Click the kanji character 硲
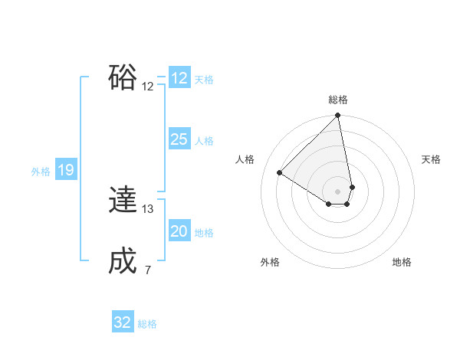(x=123, y=77)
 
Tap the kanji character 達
(x=123, y=200)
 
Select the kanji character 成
(x=123, y=261)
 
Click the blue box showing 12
(x=179, y=78)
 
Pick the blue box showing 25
(x=179, y=139)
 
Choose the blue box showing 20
(x=179, y=231)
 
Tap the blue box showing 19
(x=66, y=170)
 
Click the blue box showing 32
(x=123, y=322)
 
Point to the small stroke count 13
(x=148, y=208)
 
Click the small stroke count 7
(x=148, y=270)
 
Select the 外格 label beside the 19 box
(x=41, y=172)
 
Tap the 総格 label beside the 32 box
(x=147, y=324)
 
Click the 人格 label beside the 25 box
(x=204, y=141)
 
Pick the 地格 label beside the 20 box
(x=204, y=233)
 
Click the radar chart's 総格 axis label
(x=338, y=100)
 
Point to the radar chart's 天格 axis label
(x=431, y=159)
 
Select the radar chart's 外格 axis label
(x=270, y=262)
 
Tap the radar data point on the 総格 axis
(x=338, y=116)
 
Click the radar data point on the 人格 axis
(x=280, y=172)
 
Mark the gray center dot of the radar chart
(x=338, y=191)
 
